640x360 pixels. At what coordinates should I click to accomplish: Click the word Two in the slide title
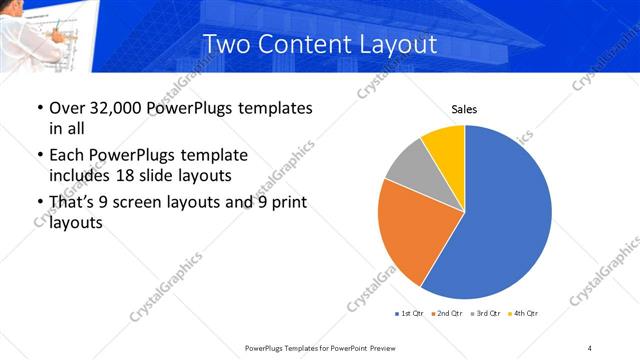pyautogui.click(x=224, y=44)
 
